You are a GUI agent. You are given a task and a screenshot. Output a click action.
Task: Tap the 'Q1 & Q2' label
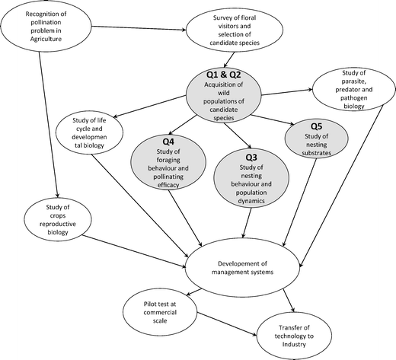click(x=224, y=75)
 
